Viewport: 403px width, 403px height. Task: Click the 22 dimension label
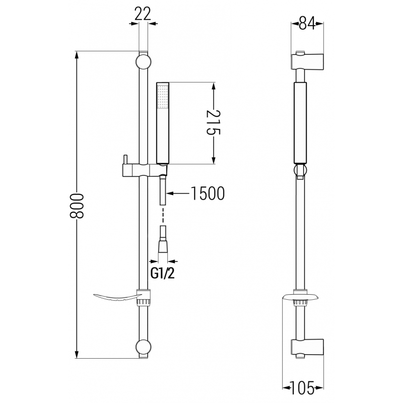click(143, 14)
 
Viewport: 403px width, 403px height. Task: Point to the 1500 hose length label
click(208, 193)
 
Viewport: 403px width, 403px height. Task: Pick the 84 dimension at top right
click(307, 23)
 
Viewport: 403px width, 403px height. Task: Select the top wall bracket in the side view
click(307, 61)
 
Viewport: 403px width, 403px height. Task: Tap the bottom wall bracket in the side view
click(307, 348)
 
